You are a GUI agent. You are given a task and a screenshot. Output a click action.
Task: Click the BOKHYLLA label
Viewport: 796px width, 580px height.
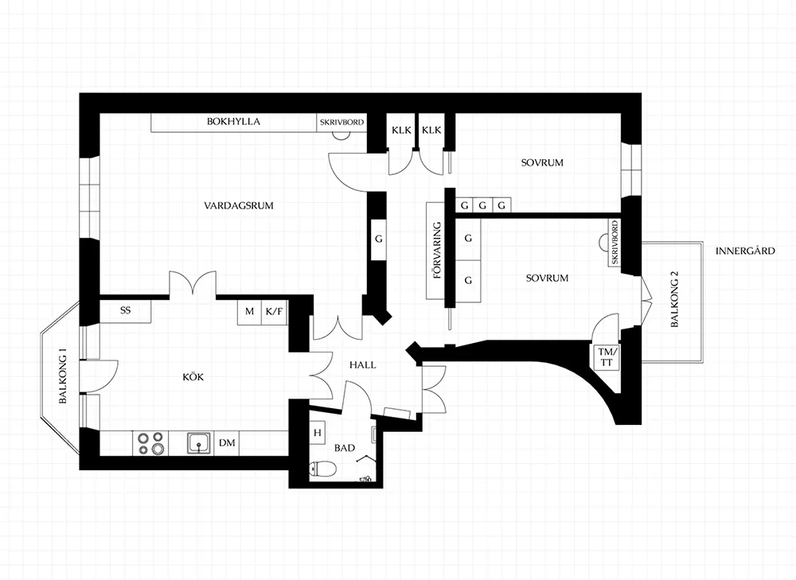point(233,122)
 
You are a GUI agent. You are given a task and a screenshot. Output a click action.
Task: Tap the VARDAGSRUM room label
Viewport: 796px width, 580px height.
point(239,205)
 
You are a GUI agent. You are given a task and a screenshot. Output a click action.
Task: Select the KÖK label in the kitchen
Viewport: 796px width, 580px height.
point(193,377)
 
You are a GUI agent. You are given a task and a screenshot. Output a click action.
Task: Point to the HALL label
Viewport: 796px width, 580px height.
point(362,365)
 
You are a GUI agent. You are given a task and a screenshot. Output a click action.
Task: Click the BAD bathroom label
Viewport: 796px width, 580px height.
point(344,448)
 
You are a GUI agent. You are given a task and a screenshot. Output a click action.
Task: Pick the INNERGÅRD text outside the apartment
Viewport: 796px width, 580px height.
point(745,251)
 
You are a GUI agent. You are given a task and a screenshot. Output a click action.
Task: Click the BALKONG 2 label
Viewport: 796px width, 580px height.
point(675,299)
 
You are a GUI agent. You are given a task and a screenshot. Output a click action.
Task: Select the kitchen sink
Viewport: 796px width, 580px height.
point(199,443)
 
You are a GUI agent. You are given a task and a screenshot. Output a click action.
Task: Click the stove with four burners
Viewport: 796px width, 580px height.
point(150,443)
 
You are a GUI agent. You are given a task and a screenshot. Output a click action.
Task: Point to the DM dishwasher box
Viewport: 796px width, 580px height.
point(227,443)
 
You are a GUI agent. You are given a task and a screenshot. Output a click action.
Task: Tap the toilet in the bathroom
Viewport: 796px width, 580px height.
point(322,469)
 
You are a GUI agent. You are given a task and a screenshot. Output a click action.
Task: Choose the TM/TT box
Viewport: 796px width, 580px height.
point(606,356)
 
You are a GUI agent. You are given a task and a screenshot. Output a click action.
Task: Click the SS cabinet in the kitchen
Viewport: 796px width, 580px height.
point(126,311)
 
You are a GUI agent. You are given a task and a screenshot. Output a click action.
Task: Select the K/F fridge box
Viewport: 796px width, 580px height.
point(274,312)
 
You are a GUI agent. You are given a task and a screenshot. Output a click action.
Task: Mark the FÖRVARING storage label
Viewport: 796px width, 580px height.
point(436,251)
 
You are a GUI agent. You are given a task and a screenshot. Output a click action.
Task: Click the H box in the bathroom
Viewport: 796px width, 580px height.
point(318,433)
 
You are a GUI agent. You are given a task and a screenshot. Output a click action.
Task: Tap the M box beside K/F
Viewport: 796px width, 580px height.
point(249,312)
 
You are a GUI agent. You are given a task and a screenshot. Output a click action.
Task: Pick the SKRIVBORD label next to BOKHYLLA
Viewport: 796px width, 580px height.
point(341,123)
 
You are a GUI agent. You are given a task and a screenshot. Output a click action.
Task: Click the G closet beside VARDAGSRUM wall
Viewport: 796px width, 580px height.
point(379,239)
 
